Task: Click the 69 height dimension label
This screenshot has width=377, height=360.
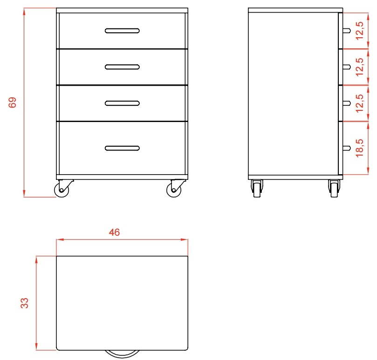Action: (12, 102)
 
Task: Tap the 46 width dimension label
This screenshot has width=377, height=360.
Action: (114, 232)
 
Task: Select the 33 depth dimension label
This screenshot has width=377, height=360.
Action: (25, 303)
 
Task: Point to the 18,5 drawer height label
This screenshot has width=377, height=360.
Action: (359, 148)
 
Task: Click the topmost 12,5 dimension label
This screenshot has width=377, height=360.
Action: (359, 31)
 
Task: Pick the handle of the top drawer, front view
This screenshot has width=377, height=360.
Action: (122, 31)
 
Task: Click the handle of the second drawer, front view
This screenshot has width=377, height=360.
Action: (122, 67)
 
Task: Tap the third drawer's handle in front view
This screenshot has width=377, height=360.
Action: (122, 103)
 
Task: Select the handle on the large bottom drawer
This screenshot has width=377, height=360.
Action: (122, 148)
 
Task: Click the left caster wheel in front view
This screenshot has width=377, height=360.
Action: (62, 190)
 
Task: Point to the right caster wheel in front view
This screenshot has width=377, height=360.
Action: (174, 190)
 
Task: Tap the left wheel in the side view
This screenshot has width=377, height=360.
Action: (257, 190)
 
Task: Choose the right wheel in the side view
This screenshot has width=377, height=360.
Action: (334, 190)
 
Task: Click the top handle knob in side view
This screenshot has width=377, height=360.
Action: (346, 31)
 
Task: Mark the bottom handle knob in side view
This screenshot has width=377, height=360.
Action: (346, 148)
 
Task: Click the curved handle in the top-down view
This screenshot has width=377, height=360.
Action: (122, 353)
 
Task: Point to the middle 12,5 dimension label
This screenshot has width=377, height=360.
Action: (359, 67)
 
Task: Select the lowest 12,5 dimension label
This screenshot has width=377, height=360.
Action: (359, 103)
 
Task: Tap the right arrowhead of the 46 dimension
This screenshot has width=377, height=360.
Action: (185, 239)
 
